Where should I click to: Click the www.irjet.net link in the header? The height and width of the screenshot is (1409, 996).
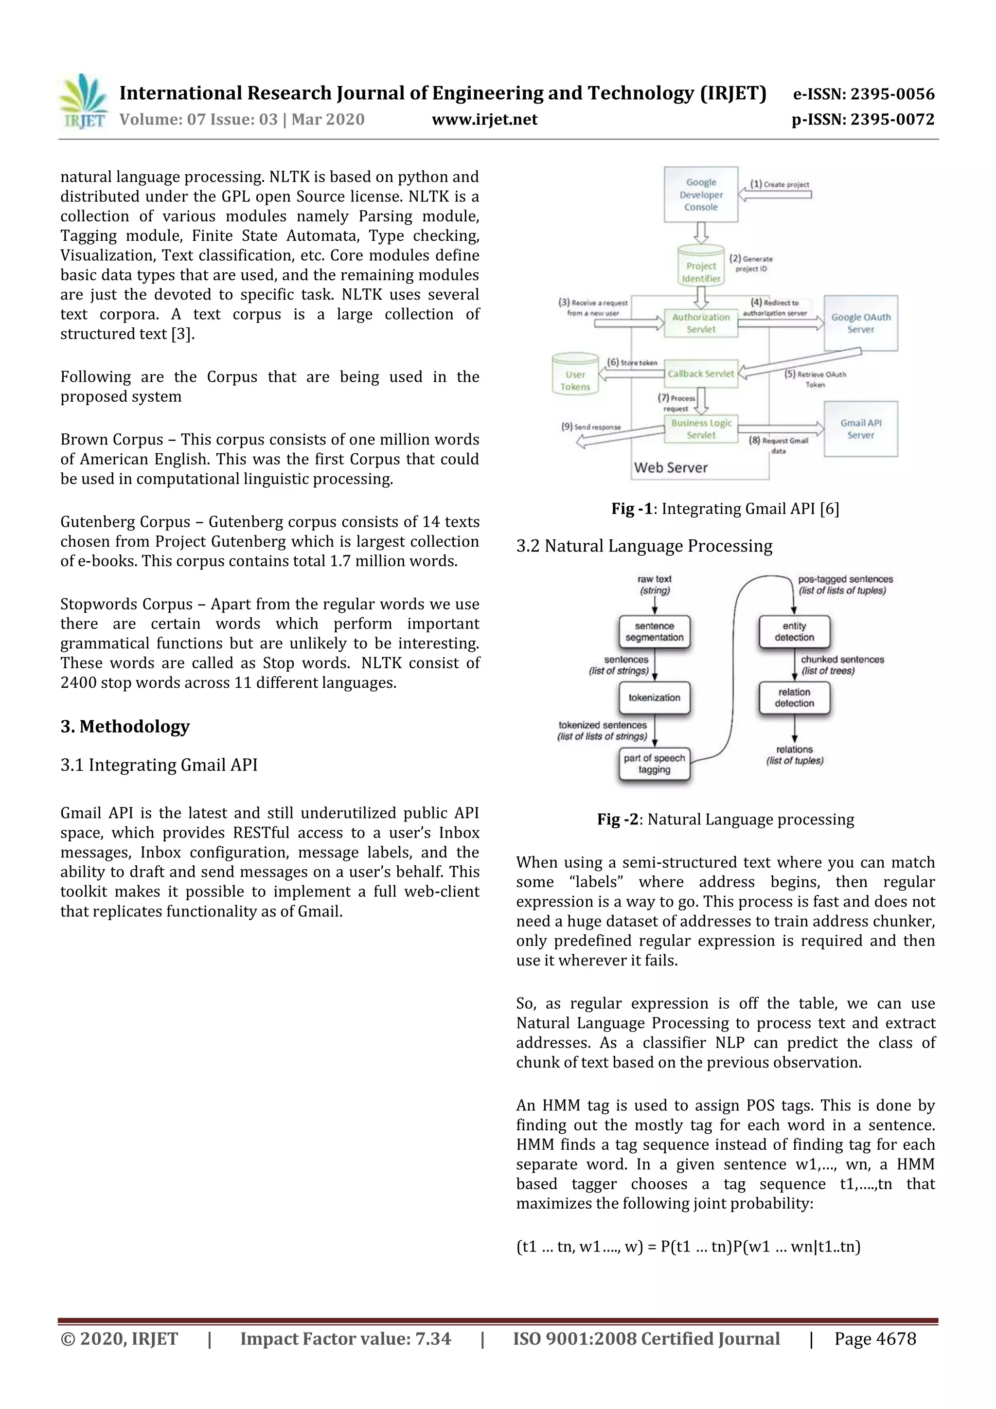484,119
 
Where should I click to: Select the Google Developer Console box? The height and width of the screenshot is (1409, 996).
701,195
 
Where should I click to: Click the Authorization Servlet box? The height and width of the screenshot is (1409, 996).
701,323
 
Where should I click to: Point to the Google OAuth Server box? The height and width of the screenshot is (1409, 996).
860,323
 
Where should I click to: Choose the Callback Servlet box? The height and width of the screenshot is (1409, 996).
701,374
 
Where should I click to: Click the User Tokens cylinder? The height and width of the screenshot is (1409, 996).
575,375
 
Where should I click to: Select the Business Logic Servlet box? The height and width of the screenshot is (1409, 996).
701,429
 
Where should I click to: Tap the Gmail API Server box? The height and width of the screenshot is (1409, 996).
860,429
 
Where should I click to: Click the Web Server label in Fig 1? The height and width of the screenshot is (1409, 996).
671,467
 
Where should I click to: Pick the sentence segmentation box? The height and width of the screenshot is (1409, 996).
654,631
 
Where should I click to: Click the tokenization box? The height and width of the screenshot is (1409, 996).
654,698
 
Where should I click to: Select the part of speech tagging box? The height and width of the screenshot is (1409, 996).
654,764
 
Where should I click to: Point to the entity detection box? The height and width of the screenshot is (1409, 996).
794,631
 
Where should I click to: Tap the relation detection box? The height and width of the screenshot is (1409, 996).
794,698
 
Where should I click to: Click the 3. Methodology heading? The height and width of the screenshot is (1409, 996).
125,727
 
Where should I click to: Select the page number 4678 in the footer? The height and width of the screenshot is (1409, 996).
875,1338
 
